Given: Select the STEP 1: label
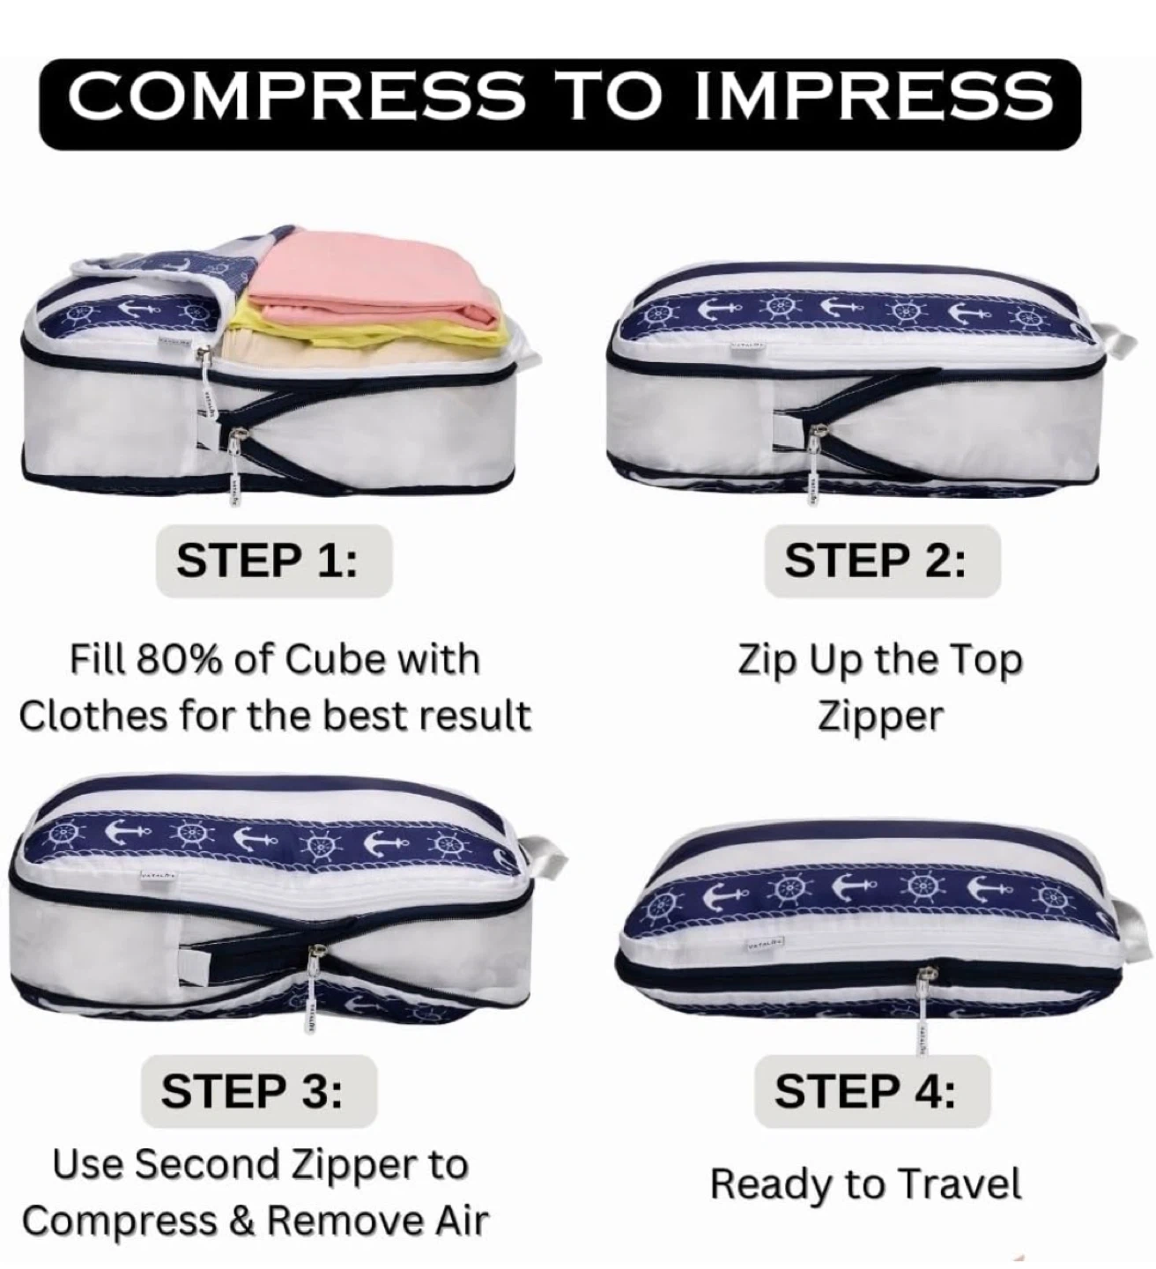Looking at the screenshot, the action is coord(267,560).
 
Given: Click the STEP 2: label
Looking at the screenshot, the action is coord(876,560).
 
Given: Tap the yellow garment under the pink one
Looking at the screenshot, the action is coord(367,332).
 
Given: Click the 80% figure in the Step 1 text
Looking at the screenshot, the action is coord(181,660).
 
